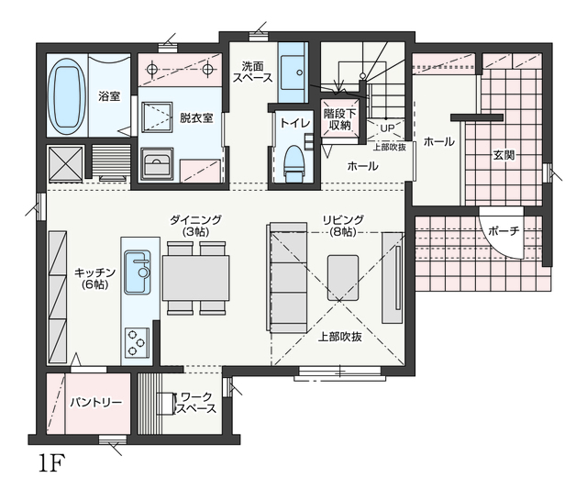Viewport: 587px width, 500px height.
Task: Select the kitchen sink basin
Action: [138, 272]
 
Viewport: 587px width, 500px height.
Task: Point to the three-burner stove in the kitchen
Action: [137, 342]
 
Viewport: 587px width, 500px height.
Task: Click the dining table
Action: [195, 278]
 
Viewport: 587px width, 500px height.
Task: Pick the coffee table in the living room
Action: [343, 278]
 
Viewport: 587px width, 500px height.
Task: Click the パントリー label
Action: [96, 403]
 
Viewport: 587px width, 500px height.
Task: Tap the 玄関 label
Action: [504, 155]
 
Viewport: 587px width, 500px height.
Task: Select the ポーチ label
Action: [504, 230]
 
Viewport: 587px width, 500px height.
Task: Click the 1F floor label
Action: [51, 463]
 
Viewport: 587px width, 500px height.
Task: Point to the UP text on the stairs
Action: [387, 128]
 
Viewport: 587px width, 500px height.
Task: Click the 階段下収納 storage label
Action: [340, 119]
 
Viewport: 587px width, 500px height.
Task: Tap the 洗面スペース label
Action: [253, 72]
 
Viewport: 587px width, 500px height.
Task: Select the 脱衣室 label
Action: [196, 118]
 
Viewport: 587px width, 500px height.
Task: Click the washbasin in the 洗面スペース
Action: [293, 72]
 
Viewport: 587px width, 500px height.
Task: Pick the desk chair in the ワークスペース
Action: [166, 404]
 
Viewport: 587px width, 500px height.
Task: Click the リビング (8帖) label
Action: [343, 226]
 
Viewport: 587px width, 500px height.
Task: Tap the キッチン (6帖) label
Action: [94, 278]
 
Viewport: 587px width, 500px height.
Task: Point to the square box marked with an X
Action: [65, 164]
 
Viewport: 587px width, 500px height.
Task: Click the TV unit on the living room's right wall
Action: [392, 278]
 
